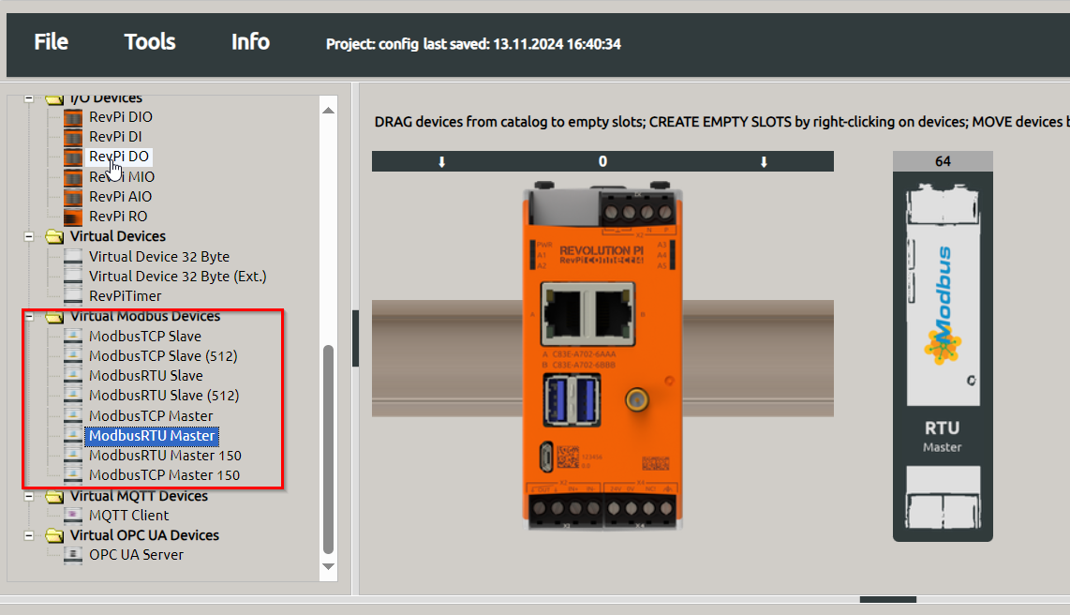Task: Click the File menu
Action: (51, 42)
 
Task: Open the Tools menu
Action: (150, 42)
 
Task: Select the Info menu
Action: (250, 42)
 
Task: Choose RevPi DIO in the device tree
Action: (120, 117)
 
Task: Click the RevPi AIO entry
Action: (120, 197)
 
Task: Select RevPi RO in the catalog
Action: (118, 217)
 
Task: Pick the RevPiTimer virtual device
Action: (125, 296)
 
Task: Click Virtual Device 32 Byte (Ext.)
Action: (177, 277)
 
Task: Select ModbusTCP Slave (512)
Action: (162, 356)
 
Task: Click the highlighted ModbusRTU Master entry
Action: (152, 436)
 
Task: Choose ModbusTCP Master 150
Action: (164, 475)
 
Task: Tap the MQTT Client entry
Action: (128, 516)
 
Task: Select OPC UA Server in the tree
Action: (136, 555)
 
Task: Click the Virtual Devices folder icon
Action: (54, 237)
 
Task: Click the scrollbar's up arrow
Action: (328, 110)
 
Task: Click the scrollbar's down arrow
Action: (328, 566)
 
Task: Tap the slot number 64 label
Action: (943, 161)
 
